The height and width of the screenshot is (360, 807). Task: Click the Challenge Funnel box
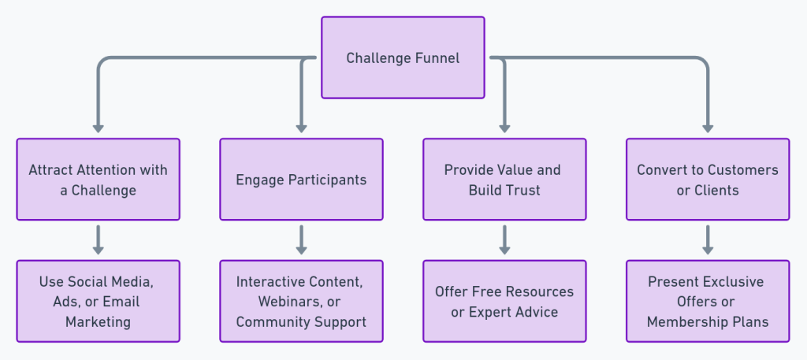click(403, 58)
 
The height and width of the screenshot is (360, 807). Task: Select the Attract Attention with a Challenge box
click(99, 180)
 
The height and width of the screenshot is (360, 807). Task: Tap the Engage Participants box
click(301, 180)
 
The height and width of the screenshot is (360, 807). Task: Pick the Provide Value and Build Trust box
click(504, 180)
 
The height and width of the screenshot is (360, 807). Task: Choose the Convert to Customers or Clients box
click(708, 180)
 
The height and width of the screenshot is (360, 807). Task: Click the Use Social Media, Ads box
click(99, 301)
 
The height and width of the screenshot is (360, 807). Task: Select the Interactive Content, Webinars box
click(301, 301)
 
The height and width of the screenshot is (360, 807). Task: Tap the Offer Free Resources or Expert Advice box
click(504, 301)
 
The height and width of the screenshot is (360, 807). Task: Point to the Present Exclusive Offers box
click(708, 301)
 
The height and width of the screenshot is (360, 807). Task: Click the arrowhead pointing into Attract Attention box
click(99, 128)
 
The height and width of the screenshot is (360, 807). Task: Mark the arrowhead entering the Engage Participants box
click(301, 128)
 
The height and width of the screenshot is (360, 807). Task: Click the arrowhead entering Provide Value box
click(504, 128)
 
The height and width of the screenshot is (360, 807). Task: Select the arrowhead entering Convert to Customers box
click(708, 128)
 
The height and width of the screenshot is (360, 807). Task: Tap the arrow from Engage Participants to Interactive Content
click(301, 239)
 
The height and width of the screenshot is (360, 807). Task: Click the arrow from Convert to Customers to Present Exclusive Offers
click(708, 239)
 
